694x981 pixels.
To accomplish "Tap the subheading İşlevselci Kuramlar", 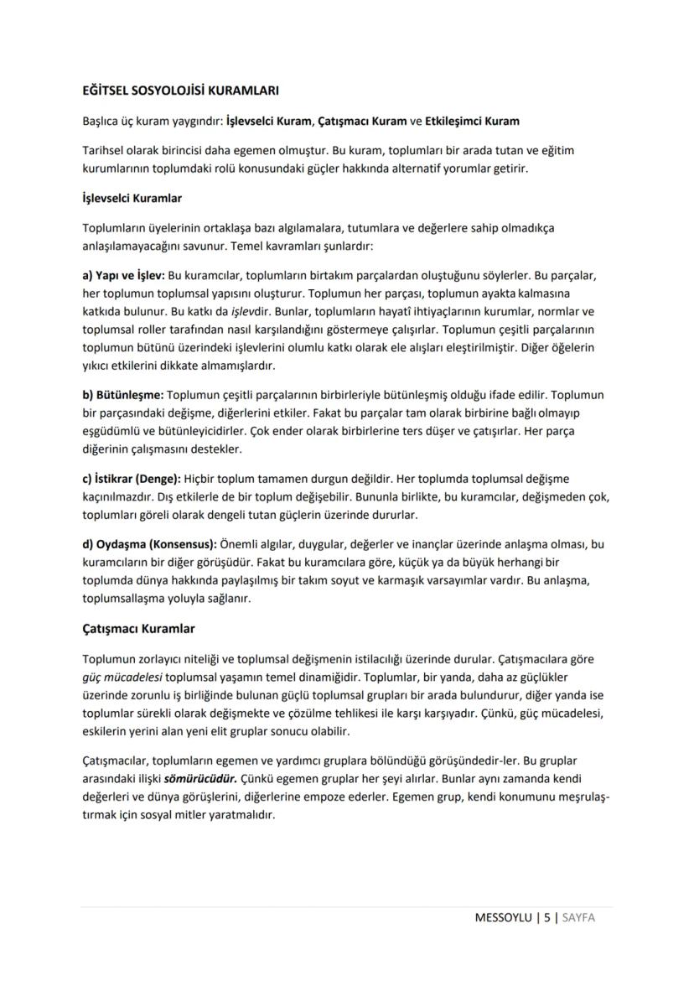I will pos(132,199).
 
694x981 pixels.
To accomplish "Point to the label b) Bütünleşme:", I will pos(123,394).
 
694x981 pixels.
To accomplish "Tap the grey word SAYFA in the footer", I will pos(578,917).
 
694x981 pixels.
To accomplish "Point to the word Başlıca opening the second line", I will pos(102,121).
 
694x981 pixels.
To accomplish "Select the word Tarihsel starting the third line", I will pos(105,150).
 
